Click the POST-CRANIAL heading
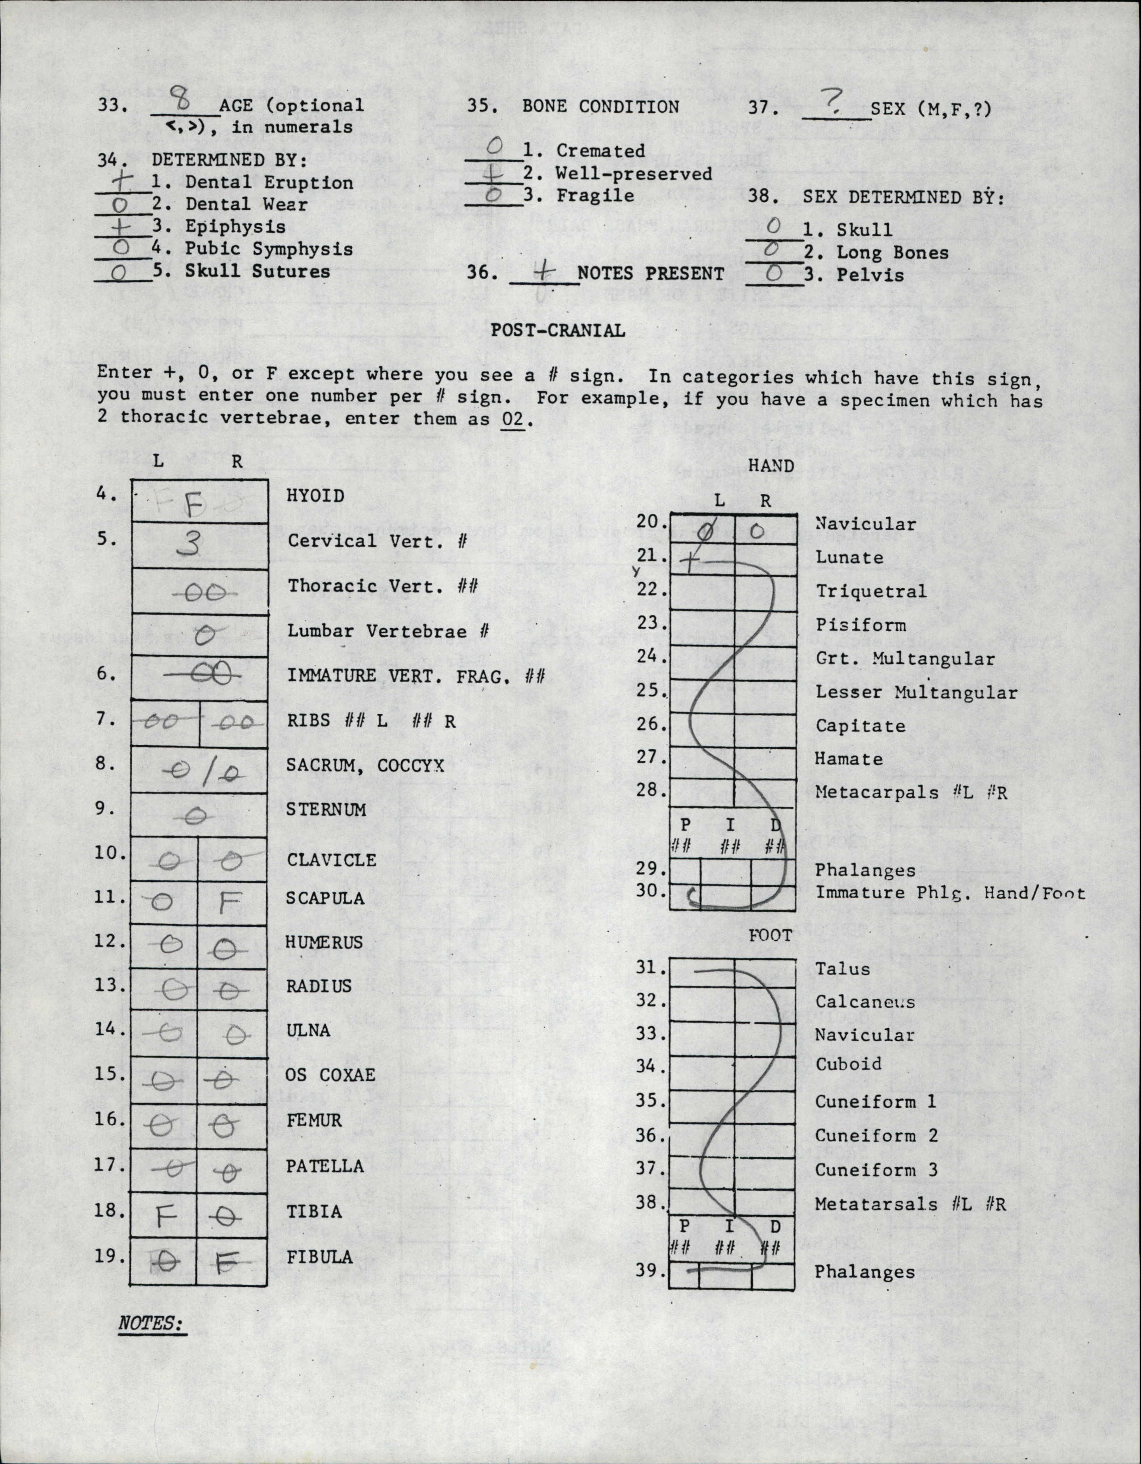click(558, 330)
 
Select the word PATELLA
click(325, 1166)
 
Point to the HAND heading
click(770, 466)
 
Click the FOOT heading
click(770, 935)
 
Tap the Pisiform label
click(861, 625)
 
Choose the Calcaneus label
click(865, 1001)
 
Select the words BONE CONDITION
click(600, 107)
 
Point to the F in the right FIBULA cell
click(228, 1263)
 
